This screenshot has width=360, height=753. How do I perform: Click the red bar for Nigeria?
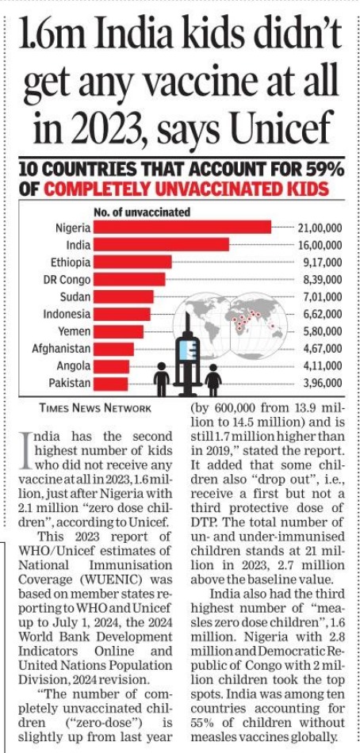182,227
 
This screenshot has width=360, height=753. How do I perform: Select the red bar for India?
161,244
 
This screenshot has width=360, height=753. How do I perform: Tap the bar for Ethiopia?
132,262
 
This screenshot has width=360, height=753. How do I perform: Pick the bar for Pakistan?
110,384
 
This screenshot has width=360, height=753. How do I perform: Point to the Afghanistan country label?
61,349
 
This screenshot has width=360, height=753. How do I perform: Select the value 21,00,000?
320,227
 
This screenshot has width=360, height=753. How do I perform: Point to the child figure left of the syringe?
162,379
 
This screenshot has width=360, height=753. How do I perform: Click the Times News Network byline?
96,408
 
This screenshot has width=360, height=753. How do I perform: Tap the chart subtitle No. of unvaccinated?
142,212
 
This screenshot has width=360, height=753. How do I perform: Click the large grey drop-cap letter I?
27,449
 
